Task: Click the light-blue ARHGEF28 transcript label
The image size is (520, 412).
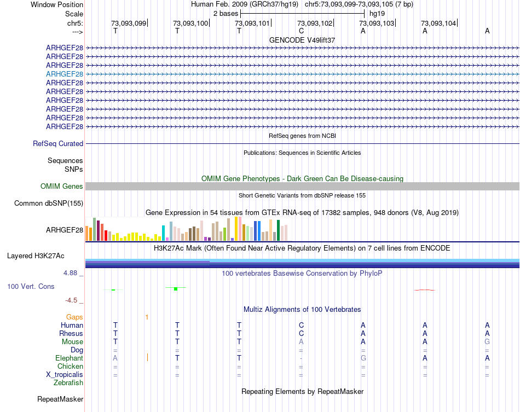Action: point(65,74)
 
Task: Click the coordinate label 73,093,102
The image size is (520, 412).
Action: point(315,24)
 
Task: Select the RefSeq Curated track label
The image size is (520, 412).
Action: point(58,144)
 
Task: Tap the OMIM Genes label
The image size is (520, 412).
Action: point(62,187)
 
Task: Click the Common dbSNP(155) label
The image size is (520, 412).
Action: point(48,204)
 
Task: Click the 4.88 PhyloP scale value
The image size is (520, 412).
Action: point(74,272)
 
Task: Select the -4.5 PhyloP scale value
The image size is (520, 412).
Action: point(74,300)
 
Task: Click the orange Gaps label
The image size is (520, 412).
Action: point(74,317)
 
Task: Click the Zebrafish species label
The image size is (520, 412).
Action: point(68,382)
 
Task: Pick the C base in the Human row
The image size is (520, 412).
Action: point(301,325)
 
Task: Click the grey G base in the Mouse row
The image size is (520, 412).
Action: point(487,341)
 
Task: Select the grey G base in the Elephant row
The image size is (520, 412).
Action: point(363,358)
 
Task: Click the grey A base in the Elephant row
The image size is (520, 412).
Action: point(115,358)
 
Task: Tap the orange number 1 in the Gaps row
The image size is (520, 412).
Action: point(147,317)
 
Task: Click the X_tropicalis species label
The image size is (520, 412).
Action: point(65,374)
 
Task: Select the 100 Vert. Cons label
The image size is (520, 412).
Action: point(31,286)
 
